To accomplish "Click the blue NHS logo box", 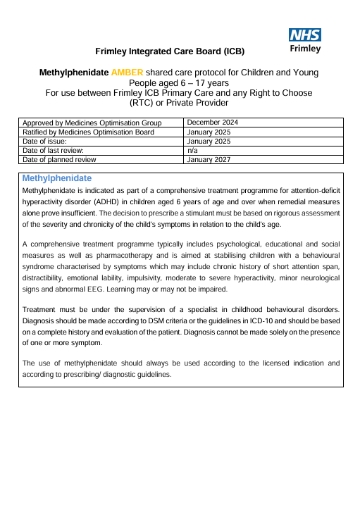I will tap(305, 35).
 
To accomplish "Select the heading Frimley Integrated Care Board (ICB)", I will tap(170, 51).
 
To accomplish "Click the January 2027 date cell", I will tap(209, 159).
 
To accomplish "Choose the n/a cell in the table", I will tap(192, 150).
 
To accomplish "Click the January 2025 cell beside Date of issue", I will tap(209, 141).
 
